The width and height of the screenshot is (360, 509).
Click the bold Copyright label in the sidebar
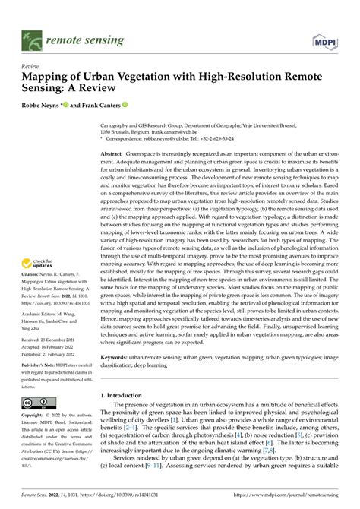pyautogui.click(x=34, y=417)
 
